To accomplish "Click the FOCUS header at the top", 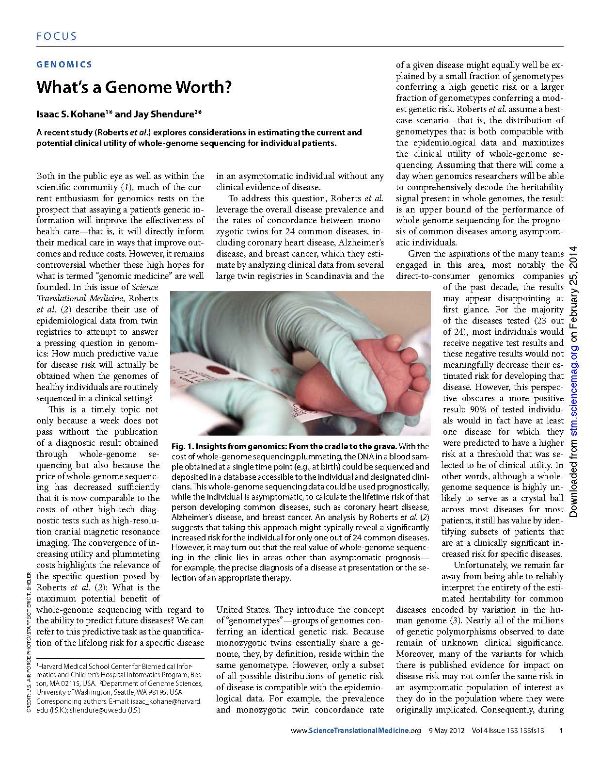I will (x=56, y=36).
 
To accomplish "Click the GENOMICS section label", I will (x=64, y=64).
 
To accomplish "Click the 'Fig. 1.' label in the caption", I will (x=182, y=446).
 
